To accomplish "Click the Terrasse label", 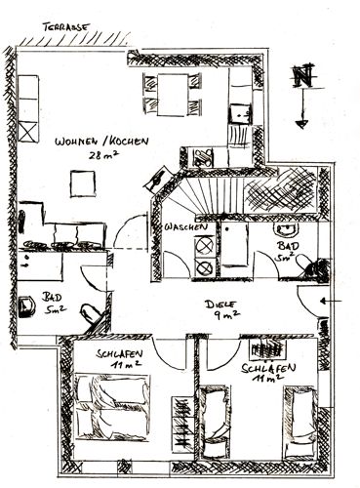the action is (x=65, y=27).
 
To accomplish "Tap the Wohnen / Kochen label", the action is (x=101, y=142).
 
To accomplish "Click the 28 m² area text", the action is (x=103, y=154).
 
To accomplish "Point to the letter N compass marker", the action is (x=302, y=76).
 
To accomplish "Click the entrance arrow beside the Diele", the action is (x=331, y=302).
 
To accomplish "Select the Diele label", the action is (x=220, y=305).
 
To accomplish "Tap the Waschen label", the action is (x=185, y=227).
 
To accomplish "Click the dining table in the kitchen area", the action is (x=173, y=95).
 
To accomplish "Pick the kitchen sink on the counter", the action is (x=241, y=114).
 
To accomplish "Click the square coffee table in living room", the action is (x=83, y=183).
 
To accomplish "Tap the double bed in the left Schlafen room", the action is (x=112, y=407).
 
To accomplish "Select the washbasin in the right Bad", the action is (x=286, y=229).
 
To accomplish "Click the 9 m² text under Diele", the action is (x=227, y=315).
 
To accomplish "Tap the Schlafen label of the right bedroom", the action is (x=268, y=369).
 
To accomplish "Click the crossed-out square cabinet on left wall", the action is (x=28, y=132).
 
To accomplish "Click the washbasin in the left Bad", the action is (x=26, y=306).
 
